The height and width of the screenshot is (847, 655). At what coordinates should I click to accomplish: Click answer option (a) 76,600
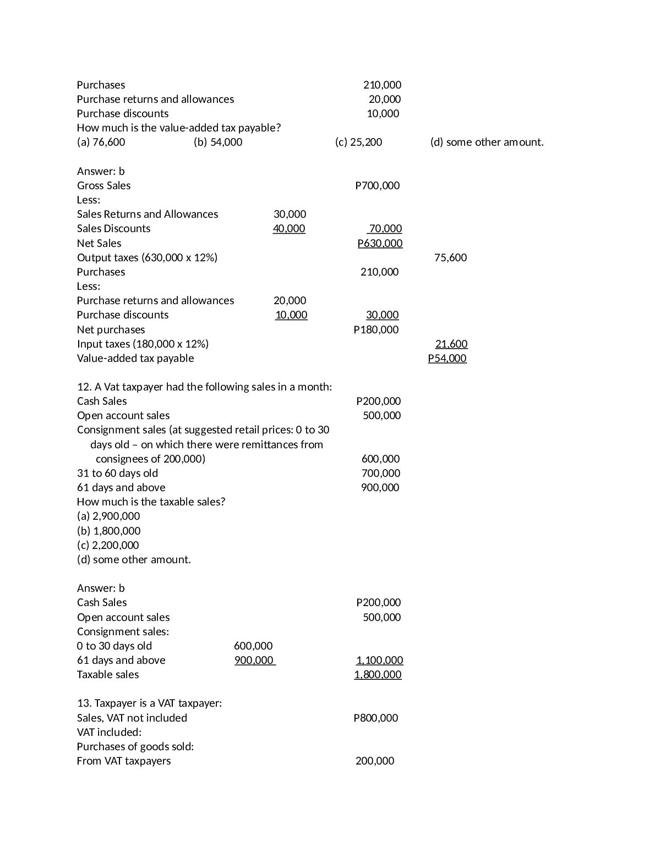tap(101, 142)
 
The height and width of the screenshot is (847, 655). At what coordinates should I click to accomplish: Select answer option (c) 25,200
tap(358, 142)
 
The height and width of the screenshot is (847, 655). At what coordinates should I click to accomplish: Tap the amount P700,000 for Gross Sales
tap(378, 186)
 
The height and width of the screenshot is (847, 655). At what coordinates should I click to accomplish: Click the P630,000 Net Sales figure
tap(380, 244)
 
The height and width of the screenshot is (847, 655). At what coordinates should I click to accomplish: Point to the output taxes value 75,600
tap(450, 258)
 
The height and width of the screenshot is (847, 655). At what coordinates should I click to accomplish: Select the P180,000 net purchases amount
tap(376, 330)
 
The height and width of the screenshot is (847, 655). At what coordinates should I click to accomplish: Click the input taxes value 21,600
tap(451, 344)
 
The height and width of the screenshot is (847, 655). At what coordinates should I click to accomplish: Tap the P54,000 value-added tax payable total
tap(447, 359)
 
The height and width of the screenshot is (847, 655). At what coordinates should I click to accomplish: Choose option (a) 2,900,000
tap(108, 516)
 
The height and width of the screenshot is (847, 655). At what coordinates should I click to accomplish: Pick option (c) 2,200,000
tap(108, 546)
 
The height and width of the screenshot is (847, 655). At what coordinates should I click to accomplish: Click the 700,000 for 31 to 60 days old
tap(380, 474)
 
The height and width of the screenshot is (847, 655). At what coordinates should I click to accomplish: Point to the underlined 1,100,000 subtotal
tap(379, 661)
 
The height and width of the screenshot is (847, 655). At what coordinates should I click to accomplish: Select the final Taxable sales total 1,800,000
tap(378, 675)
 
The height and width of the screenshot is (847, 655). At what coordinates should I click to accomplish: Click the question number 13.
tap(83, 703)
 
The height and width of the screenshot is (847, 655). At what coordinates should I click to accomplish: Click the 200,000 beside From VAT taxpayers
tap(375, 761)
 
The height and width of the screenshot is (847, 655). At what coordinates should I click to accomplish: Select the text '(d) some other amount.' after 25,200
tap(487, 142)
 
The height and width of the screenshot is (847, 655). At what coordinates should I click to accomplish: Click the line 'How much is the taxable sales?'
tap(151, 502)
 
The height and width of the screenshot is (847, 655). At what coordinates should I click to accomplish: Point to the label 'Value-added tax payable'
tap(135, 359)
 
